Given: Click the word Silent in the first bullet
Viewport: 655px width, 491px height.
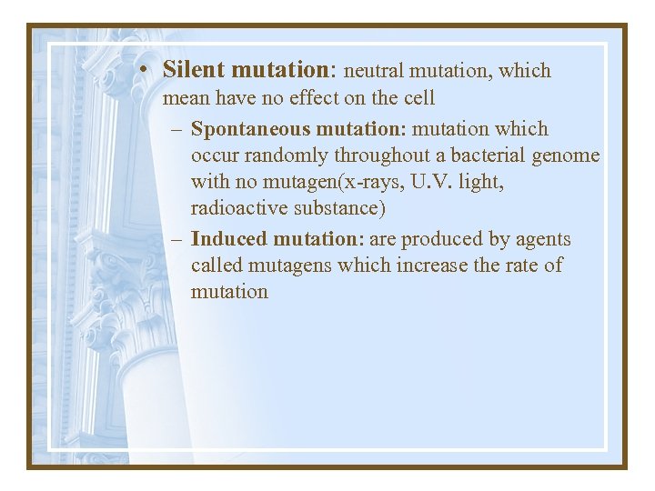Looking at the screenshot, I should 194,69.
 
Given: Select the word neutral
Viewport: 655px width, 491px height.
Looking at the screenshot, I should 373,70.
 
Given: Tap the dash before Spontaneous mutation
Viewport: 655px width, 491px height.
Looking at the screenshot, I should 176,130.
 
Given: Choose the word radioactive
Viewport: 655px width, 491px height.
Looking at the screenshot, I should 239,208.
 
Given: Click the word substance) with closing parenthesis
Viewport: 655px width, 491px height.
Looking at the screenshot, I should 338,208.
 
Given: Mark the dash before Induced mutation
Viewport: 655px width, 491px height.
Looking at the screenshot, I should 176,240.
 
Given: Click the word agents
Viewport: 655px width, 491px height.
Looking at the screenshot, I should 543,239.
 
